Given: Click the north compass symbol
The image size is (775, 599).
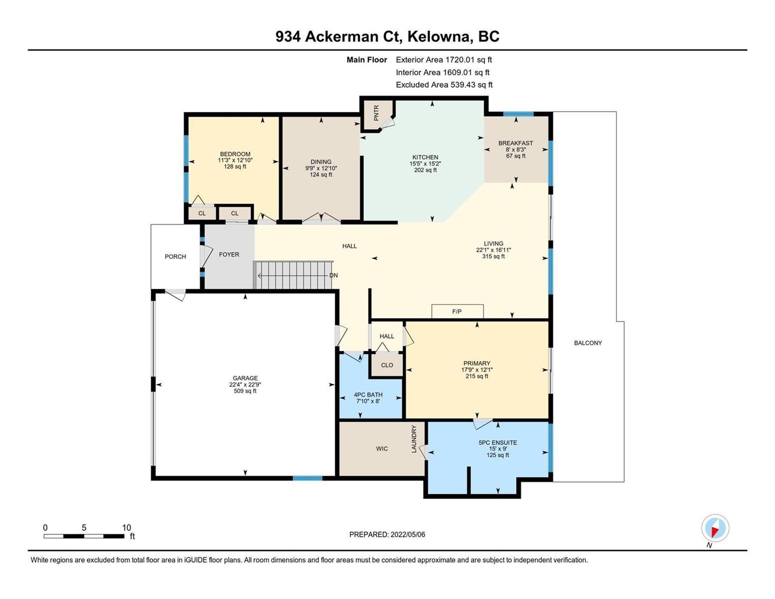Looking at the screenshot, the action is [715, 528].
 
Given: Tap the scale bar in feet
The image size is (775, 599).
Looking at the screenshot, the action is [84, 536].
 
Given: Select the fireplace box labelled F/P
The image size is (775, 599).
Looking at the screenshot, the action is [457, 311].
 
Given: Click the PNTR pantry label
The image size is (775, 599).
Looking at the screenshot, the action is [376, 113].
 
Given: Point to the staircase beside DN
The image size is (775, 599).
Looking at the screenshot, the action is [293, 275].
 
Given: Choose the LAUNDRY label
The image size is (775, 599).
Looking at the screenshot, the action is [414, 439].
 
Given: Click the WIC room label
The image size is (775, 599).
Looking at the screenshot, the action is [382, 448].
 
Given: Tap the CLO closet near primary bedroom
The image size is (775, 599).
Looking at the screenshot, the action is [387, 365].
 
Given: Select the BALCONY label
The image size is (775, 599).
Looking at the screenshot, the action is [588, 343].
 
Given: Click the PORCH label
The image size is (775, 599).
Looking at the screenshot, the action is [175, 257].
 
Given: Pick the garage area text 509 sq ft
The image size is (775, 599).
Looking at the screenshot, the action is [245, 391].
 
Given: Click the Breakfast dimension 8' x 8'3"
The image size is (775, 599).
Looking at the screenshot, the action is [516, 149].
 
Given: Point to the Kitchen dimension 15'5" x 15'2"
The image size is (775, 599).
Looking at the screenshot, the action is [425, 164].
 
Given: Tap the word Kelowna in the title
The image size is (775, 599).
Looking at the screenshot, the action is [438, 37].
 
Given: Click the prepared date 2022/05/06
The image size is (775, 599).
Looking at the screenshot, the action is [408, 535].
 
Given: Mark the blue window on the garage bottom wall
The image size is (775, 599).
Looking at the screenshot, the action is [307, 478].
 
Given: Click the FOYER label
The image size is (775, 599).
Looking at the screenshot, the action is [229, 255].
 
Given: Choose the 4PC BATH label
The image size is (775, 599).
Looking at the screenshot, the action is [368, 394].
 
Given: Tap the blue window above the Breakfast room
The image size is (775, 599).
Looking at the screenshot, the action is [518, 114].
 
